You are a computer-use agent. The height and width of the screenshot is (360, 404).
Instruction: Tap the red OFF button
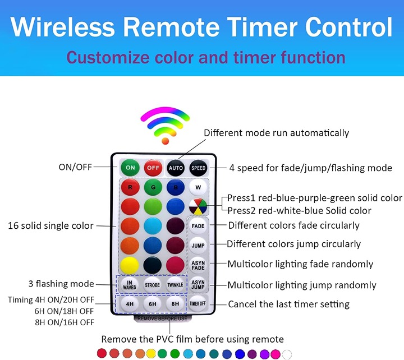click(153, 168)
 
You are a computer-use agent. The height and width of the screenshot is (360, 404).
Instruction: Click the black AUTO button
click(176, 168)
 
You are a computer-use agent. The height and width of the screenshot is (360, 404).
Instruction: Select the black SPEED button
click(199, 168)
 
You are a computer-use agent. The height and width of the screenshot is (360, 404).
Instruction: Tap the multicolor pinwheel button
click(198, 206)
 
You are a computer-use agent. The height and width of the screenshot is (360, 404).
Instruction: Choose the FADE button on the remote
click(198, 226)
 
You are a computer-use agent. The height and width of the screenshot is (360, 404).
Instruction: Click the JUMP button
click(198, 246)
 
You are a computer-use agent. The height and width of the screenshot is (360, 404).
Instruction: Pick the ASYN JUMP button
click(198, 284)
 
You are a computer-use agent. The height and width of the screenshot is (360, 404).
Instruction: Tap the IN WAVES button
click(130, 285)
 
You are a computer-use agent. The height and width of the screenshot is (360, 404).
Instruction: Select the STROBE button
click(152, 285)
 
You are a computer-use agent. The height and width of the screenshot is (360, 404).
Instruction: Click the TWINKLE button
click(175, 285)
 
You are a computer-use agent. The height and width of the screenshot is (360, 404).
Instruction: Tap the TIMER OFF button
click(198, 303)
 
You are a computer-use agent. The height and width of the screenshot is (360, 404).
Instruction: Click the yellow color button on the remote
click(130, 265)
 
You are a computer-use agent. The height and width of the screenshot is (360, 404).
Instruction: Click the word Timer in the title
click(262, 27)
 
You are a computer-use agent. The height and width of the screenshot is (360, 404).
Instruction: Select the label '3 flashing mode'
click(61, 284)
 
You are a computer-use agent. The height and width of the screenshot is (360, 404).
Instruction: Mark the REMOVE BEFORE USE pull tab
click(162, 319)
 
